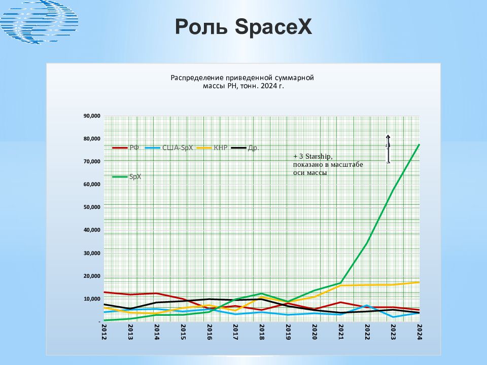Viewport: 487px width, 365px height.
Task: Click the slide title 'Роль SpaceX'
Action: pos(243,27)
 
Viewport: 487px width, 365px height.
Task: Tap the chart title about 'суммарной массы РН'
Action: pos(242,82)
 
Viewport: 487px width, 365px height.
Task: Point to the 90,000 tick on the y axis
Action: pos(92,116)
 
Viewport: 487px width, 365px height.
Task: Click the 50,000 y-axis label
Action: pos(92,207)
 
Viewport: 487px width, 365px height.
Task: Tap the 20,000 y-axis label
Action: pos(92,276)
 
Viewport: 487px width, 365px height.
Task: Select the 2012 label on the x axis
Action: pos(104,332)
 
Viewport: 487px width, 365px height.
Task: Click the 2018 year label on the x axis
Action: pos(261,332)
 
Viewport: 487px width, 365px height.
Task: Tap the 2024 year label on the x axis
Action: pos(419,332)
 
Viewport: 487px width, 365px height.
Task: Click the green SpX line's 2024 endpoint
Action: pos(419,145)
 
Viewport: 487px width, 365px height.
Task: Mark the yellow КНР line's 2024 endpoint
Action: pos(419,282)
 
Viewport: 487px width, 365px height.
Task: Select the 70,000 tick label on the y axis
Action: pos(92,162)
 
